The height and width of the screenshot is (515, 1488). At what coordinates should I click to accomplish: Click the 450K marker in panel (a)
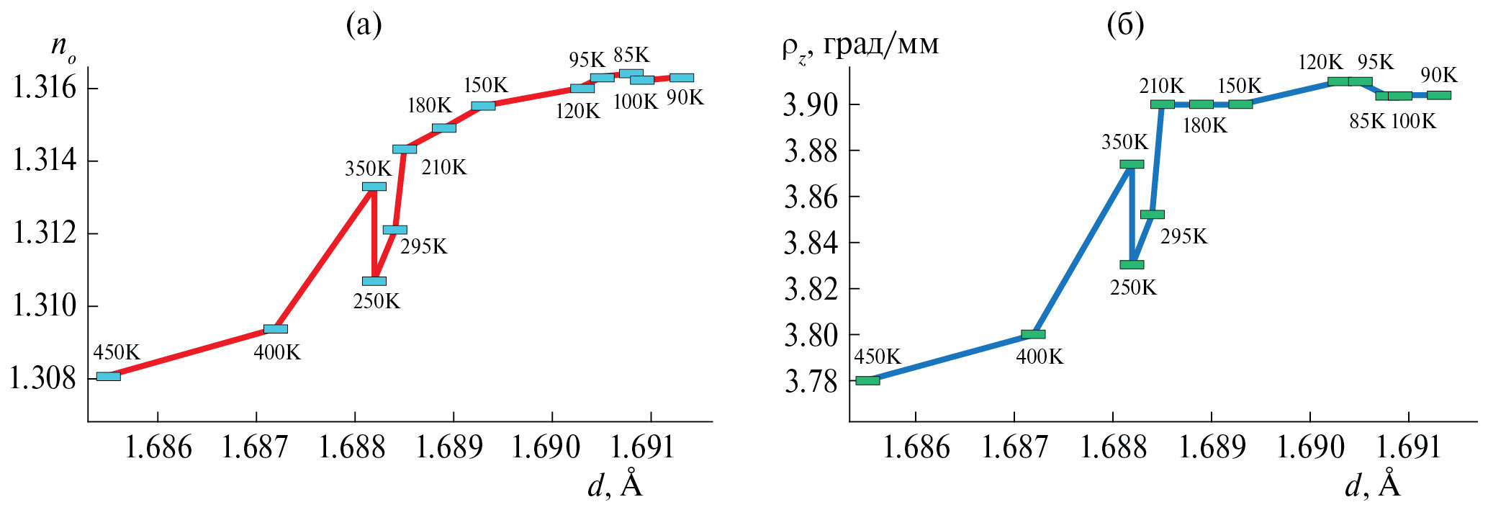(109, 376)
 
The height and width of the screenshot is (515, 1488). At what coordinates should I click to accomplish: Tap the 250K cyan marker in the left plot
(374, 281)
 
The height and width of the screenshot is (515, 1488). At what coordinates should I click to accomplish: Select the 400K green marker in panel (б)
(1033, 334)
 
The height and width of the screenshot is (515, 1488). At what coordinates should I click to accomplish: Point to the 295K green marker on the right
(1153, 215)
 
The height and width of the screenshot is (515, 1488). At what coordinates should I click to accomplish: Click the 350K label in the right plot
(1124, 142)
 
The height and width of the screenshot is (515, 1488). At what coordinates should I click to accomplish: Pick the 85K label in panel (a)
(631, 55)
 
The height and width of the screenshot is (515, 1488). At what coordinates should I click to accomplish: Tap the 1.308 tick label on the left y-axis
(42, 378)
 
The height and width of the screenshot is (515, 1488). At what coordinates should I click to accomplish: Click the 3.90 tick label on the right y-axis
(811, 105)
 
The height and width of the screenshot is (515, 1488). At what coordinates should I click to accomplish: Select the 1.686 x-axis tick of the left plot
(158, 448)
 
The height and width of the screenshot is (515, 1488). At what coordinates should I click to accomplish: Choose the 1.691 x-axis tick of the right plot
(1409, 448)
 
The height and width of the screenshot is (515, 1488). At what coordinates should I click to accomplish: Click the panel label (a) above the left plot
(364, 26)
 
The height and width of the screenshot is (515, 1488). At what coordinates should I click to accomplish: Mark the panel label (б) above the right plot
(1125, 26)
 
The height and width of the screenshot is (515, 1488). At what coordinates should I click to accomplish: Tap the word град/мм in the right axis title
(881, 45)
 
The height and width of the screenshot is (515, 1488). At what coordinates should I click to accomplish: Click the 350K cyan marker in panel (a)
(374, 187)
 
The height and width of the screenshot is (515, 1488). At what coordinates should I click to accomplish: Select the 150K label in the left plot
(485, 85)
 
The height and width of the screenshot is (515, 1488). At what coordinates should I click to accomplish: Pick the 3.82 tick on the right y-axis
(811, 290)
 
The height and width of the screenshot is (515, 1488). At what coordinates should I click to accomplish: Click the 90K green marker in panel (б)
(1439, 95)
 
